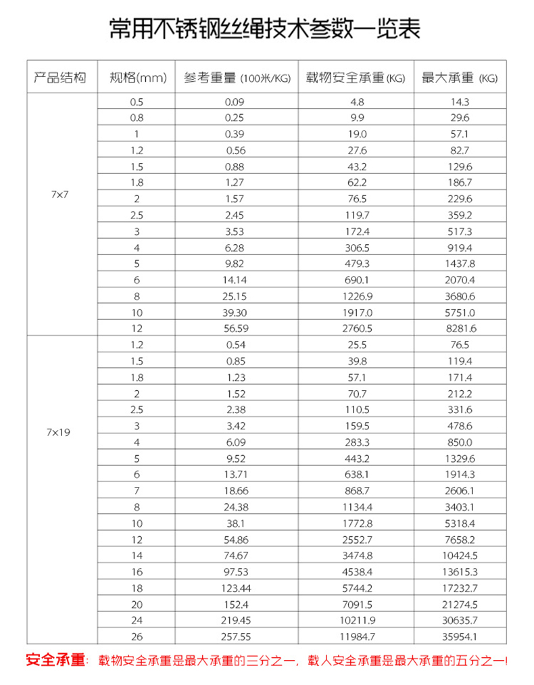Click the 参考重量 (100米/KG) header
tap(237, 78)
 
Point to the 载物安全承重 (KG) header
tap(355, 78)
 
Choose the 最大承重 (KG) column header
tap(459, 78)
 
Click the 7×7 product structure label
tap(60, 194)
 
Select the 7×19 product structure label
tap(60, 431)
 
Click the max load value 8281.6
tap(459, 329)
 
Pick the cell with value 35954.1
tap(459, 636)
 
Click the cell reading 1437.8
tap(459, 264)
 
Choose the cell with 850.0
tap(459, 442)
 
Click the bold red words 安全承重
tap(54, 660)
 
